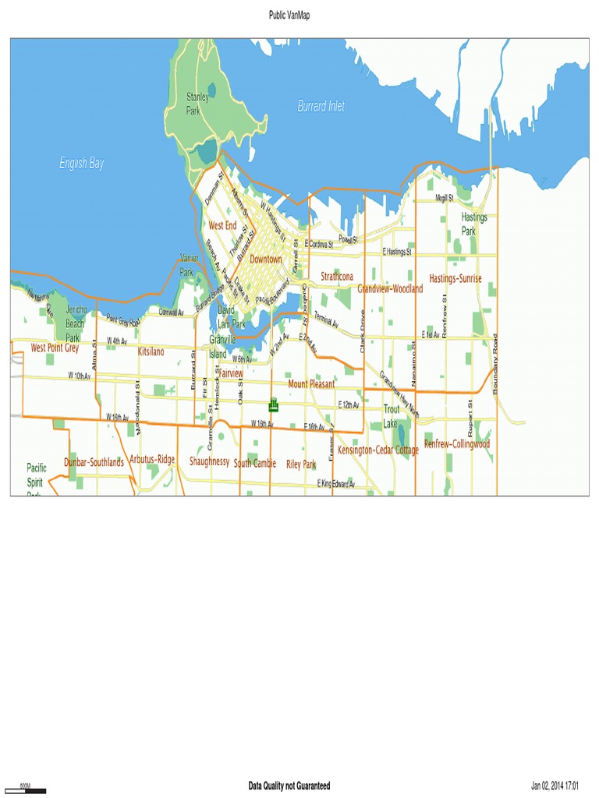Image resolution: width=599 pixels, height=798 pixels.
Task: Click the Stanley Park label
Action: click(197, 104)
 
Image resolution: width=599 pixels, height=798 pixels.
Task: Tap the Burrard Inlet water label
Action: click(321, 106)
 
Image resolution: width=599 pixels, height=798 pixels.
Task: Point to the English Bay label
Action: click(82, 164)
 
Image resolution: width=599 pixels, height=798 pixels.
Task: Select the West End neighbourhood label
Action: click(222, 225)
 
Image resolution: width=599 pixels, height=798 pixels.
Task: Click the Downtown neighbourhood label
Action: click(265, 259)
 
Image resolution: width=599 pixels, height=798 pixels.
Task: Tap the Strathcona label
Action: click(337, 277)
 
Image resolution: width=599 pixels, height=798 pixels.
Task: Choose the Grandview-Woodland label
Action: click(390, 288)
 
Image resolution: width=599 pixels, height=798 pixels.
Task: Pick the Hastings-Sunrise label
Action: click(455, 278)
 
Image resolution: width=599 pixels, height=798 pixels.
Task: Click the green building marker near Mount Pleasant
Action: click(273, 404)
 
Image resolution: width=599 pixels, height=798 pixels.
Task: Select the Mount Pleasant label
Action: click(311, 384)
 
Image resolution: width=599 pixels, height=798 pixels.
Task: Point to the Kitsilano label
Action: click(151, 352)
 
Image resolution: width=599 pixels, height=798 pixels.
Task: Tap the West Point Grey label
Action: click(55, 348)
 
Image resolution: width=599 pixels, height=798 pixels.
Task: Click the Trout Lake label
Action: click(391, 416)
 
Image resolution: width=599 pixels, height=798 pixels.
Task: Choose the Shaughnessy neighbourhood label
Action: click(209, 461)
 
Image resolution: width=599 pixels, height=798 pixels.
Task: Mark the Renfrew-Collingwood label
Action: click(456, 444)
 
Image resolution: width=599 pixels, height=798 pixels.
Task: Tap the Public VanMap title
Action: click(289, 15)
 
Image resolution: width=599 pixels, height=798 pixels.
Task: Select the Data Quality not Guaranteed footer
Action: click(289, 786)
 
